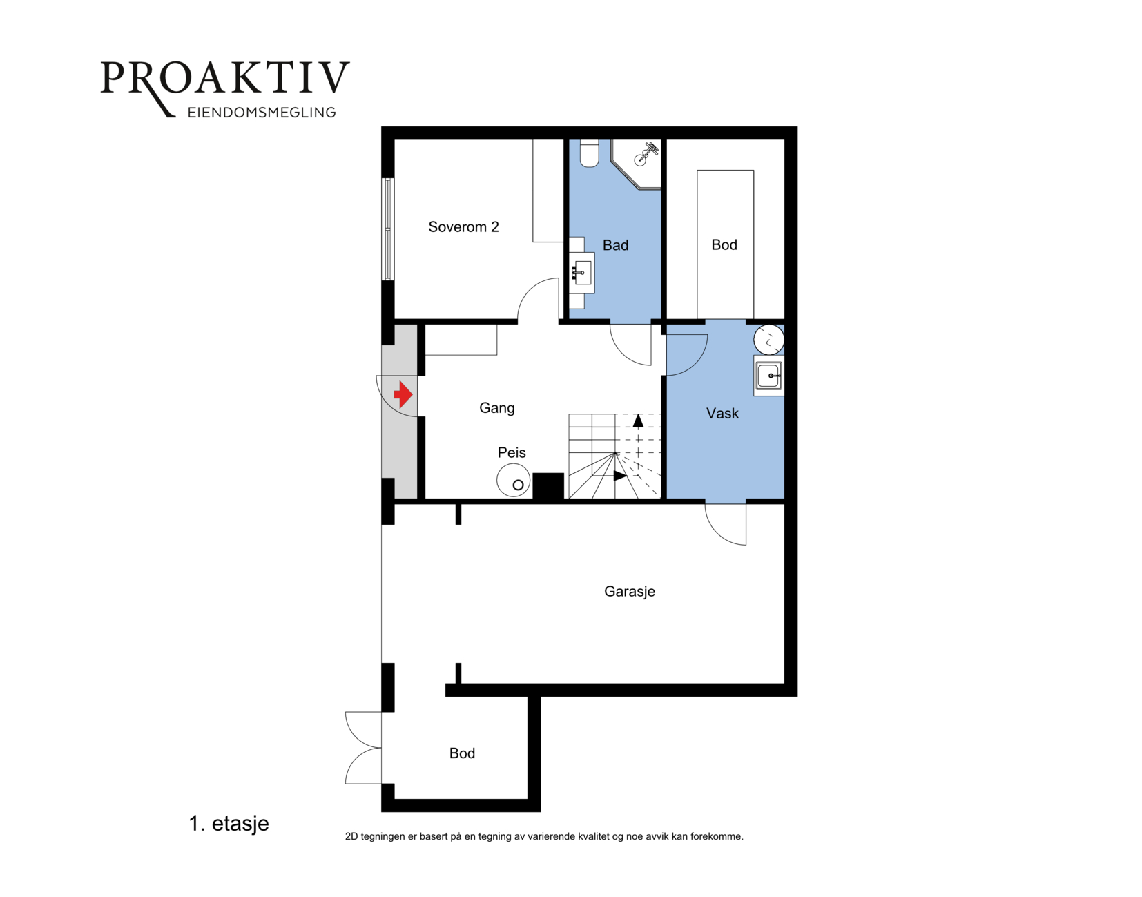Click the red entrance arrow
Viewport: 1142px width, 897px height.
click(403, 394)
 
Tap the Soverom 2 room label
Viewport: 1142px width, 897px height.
click(463, 227)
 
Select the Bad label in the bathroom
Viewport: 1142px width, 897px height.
click(615, 245)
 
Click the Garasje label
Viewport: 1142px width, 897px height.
click(630, 592)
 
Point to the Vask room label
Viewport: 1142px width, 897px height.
click(722, 414)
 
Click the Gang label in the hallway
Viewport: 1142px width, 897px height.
click(496, 408)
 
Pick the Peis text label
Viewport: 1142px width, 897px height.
click(512, 452)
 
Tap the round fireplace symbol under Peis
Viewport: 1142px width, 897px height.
click(514, 481)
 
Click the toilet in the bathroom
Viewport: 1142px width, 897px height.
click(589, 153)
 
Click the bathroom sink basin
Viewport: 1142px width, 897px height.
click(582, 273)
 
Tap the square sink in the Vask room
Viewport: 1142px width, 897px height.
click(769, 376)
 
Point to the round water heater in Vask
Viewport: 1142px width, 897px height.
click(769, 340)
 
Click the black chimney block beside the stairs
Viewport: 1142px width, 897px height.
click(548, 486)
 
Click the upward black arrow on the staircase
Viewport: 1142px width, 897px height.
click(638, 421)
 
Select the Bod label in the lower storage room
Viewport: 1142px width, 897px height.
click(462, 753)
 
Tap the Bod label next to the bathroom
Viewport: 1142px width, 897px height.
click(724, 245)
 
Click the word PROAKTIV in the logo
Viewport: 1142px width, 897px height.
click(225, 79)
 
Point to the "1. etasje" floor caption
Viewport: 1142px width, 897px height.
click(229, 823)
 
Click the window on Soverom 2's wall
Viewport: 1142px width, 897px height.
click(388, 229)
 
